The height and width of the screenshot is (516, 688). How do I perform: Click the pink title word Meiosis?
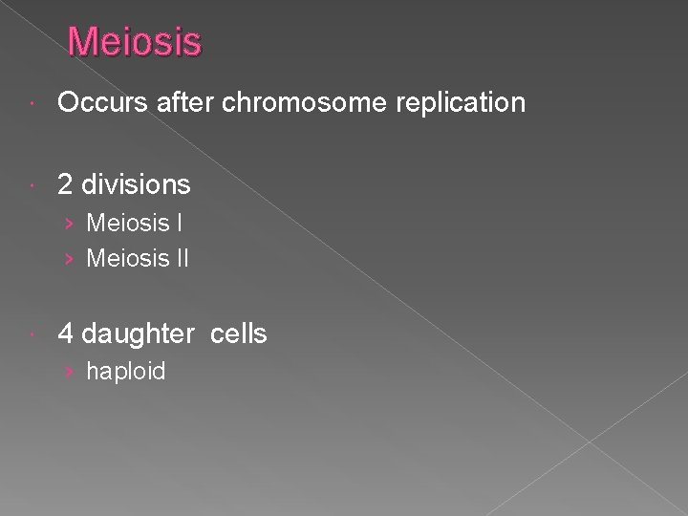[x=135, y=42]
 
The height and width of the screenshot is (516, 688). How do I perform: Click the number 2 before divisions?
[x=66, y=183]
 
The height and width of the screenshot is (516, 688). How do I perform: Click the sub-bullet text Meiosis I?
[x=135, y=224]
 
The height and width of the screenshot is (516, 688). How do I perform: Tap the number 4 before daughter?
[x=66, y=333]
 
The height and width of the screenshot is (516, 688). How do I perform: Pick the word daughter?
[x=138, y=333]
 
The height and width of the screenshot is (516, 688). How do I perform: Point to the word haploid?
[x=125, y=371]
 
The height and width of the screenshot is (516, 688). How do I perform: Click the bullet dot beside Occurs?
[x=34, y=103]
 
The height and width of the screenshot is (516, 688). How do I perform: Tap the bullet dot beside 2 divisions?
[x=34, y=183]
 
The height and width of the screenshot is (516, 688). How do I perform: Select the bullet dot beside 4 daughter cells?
[x=34, y=334]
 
